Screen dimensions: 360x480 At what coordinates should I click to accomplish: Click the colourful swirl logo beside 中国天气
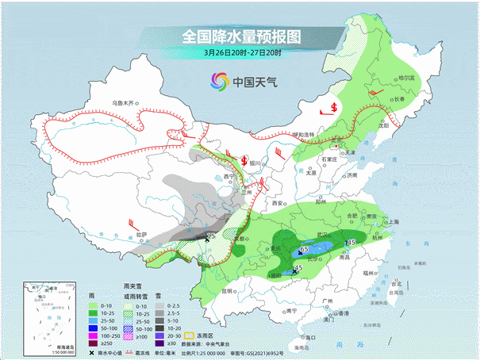pyautogui.click(x=219, y=81)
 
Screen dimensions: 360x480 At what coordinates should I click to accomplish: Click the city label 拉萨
pyautogui.click(x=140, y=235)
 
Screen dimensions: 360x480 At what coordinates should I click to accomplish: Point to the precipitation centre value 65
pyautogui.click(x=304, y=250)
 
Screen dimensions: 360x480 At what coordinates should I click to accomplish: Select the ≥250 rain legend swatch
pyautogui.click(x=93, y=345)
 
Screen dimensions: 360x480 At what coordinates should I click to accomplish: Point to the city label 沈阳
pyautogui.click(x=384, y=125)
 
